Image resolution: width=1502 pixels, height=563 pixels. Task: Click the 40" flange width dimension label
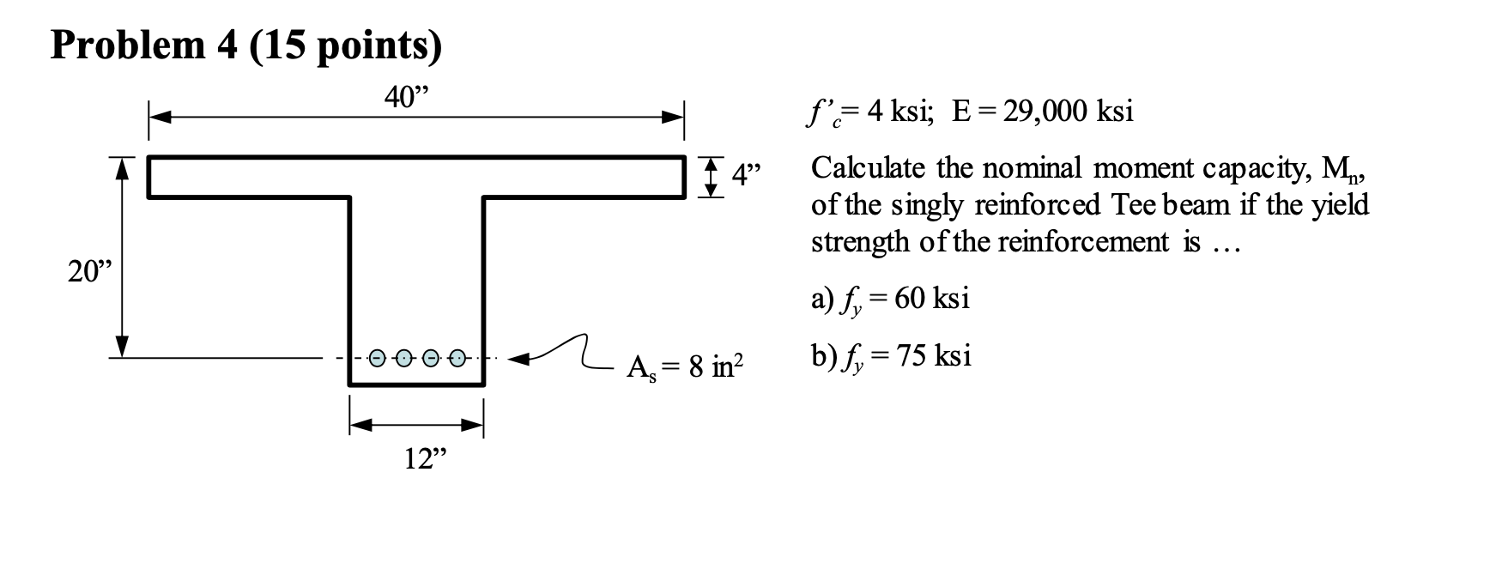coord(404,98)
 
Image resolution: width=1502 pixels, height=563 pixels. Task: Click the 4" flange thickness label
coord(747,177)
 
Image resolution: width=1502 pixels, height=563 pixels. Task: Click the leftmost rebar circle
coord(378,358)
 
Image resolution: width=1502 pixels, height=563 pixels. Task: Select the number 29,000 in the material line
coord(1048,112)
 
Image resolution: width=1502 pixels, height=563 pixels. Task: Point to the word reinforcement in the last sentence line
coord(1082,242)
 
